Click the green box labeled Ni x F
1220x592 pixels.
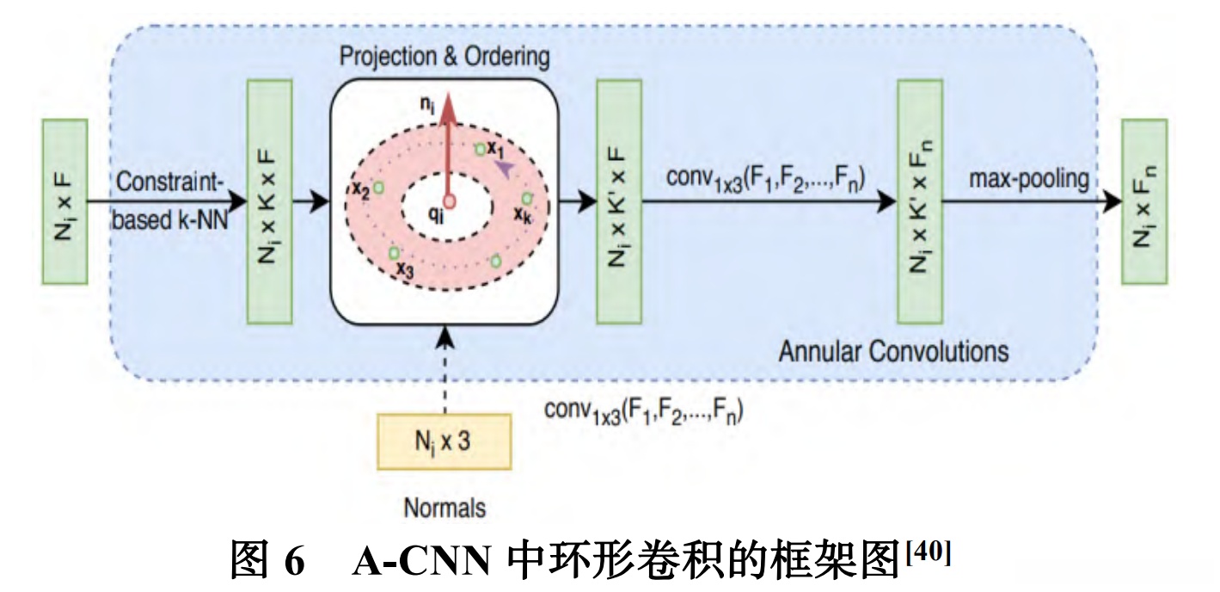64,201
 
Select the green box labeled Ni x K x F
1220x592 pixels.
268,201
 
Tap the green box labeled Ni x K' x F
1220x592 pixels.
619,201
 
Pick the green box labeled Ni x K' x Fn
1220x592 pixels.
919,201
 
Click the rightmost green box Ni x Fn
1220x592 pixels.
1144,201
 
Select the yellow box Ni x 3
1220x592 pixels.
444,441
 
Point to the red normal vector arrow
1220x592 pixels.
446,146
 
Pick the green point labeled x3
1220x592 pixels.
393,253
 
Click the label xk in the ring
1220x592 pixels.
523,213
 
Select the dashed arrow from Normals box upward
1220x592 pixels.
444,370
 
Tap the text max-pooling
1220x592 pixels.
1028,179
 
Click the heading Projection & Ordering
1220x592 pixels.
444,57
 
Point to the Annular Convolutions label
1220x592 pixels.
893,351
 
